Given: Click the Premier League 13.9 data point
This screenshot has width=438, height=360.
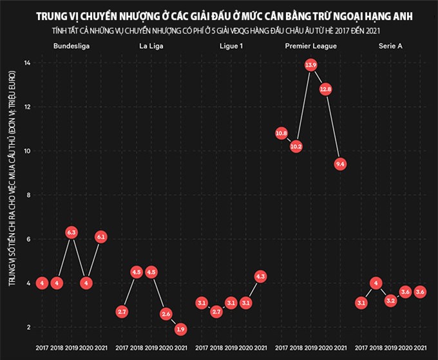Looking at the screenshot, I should coord(311,65).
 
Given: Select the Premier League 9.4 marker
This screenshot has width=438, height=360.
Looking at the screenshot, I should coord(341,164).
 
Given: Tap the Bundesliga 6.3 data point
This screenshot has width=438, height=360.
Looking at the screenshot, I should coord(71,232).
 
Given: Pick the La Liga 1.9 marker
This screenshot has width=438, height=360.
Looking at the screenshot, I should coord(181,329).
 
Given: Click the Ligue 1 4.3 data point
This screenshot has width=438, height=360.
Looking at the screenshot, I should coord(260,276).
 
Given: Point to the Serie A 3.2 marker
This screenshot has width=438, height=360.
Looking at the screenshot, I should coord(390,301).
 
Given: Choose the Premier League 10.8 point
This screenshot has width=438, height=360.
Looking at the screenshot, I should coord(281,133).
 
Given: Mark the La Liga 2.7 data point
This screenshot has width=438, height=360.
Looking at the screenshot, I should coord(122,312).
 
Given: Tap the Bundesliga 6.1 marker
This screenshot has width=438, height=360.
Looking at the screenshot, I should coord(101,237).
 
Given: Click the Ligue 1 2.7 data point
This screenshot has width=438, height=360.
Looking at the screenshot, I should coord(216,312).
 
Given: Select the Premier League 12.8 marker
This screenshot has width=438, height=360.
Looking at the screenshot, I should coord(326,90).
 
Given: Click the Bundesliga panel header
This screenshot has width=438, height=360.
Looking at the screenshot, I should coord(71,47).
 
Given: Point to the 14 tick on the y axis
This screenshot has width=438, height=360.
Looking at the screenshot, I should coord(26,62).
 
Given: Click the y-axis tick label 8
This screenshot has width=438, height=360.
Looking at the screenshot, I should coord(26,195).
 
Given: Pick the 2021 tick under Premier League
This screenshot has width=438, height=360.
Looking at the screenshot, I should coord(341,348).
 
